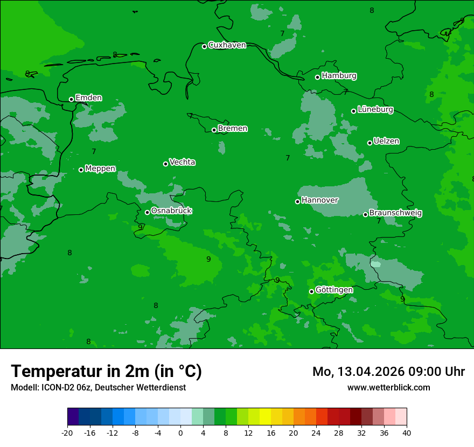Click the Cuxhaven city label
click(x=227, y=45)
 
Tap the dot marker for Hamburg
click(x=318, y=77)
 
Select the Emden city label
click(x=88, y=98)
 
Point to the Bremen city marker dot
click(x=214, y=130)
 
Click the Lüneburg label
click(x=375, y=110)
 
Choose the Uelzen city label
click(x=386, y=142)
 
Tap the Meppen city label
click(x=100, y=169)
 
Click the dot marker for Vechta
click(x=165, y=164)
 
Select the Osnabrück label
click(x=171, y=211)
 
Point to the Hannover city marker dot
click(x=297, y=201)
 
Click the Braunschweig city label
click(x=395, y=213)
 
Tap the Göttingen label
click(x=334, y=290)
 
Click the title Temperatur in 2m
click(x=106, y=372)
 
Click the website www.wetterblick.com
click(x=388, y=388)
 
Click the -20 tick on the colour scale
click(x=67, y=432)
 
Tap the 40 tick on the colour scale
click(x=407, y=432)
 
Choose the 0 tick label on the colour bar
click(x=180, y=432)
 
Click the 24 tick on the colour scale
click(x=316, y=432)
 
